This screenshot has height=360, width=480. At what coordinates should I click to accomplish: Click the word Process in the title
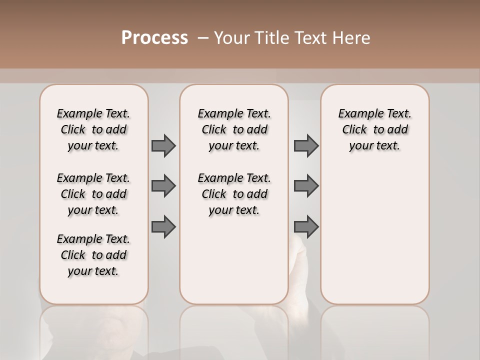click(154, 38)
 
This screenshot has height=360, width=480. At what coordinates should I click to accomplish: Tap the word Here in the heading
click(352, 38)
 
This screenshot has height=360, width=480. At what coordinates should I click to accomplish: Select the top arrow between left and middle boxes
click(163, 145)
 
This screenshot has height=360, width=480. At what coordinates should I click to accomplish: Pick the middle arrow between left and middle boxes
click(163, 186)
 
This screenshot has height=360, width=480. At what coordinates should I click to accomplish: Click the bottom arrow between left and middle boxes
click(163, 226)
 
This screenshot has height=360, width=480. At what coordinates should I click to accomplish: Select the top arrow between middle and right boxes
click(306, 145)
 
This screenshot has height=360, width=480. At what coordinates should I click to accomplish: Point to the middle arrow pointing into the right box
click(306, 186)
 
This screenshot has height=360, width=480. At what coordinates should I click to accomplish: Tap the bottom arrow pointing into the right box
click(306, 226)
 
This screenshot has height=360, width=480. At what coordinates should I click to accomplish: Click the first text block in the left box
click(93, 129)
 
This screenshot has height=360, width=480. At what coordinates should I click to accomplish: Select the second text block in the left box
click(93, 194)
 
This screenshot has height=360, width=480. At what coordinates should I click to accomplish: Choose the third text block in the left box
click(93, 255)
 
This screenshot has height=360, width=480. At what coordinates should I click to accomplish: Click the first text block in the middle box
click(234, 129)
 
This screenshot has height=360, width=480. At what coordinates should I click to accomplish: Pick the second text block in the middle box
click(234, 194)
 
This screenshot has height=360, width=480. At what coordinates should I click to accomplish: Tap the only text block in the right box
click(374, 129)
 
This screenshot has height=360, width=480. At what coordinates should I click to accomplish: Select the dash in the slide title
click(203, 38)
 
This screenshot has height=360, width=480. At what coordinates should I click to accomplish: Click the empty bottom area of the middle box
click(234, 265)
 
